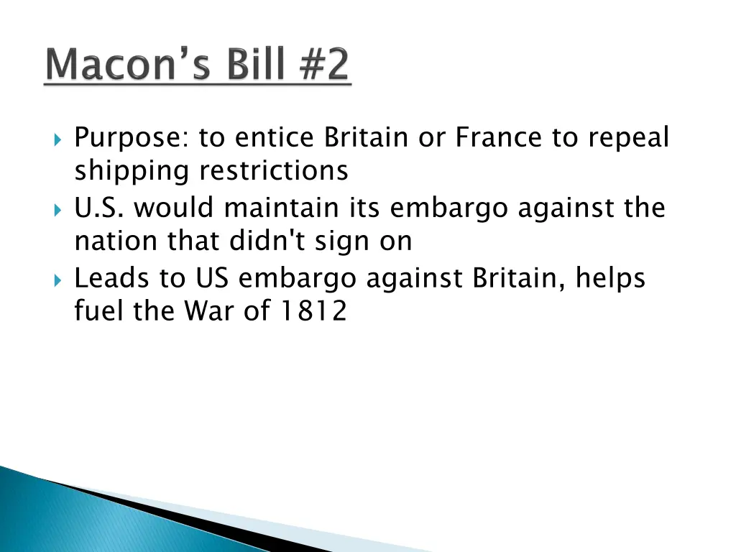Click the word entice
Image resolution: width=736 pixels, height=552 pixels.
276,137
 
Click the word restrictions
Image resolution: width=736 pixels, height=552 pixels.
273,171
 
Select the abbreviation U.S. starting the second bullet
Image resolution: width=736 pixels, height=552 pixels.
100,208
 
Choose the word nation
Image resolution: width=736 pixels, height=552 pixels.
117,241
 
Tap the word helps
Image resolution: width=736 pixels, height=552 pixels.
609,278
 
